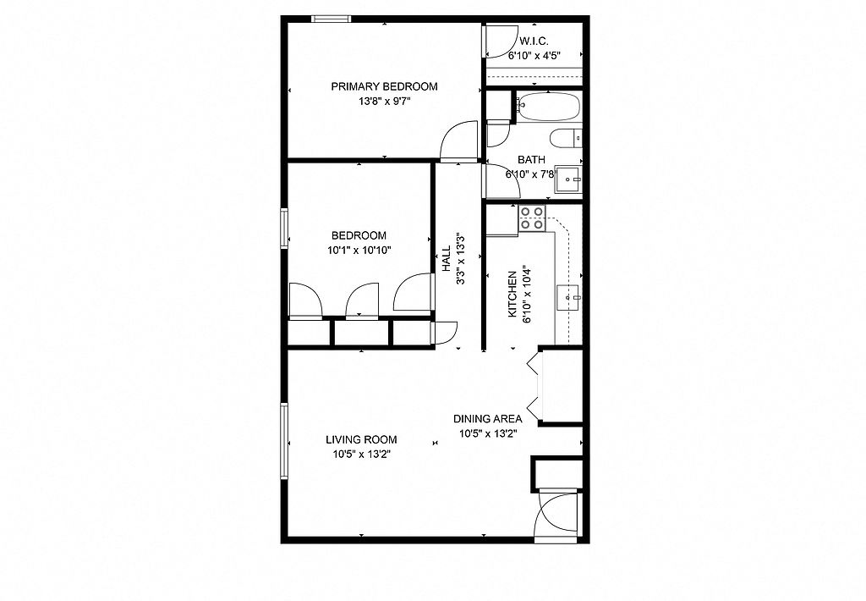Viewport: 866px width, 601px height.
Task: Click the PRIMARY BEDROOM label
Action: tap(385, 86)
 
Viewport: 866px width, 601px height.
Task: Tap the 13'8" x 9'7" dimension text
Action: tap(385, 102)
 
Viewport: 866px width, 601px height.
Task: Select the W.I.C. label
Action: tap(534, 41)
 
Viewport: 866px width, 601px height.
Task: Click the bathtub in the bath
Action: tap(548, 107)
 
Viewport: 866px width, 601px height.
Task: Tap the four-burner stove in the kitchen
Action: tap(533, 218)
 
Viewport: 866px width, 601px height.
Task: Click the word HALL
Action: tap(447, 258)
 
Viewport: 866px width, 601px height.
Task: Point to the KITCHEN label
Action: tap(512, 294)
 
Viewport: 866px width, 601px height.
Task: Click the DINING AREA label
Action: tap(488, 419)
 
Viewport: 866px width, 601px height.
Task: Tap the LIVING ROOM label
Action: tap(361, 440)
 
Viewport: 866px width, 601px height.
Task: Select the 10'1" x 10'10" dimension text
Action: tap(359, 250)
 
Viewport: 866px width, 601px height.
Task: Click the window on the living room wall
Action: tap(284, 441)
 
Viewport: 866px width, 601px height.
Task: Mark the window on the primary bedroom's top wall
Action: tap(331, 19)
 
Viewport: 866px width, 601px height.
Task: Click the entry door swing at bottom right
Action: tap(558, 514)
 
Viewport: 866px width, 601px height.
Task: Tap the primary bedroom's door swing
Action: tap(458, 141)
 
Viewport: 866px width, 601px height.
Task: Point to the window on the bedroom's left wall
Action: tap(284, 228)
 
